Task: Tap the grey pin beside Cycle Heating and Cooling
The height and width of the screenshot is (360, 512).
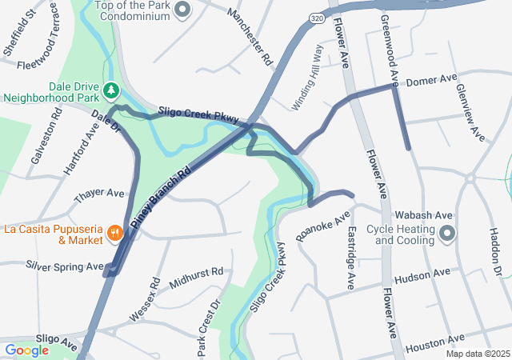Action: tap(447, 234)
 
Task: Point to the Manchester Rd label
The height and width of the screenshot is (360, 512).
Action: tap(250, 38)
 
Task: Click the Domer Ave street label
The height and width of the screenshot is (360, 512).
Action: tap(431, 81)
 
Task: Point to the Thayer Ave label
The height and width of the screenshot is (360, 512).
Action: tap(99, 194)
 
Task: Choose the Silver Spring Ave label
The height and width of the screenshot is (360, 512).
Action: tap(65, 266)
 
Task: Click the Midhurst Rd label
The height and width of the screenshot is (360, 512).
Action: tap(196, 274)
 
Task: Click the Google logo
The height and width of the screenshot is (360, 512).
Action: tap(26, 350)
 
